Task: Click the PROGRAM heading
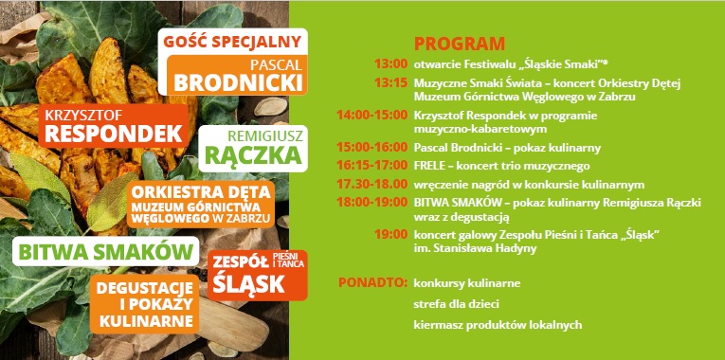460,45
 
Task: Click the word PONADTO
372,282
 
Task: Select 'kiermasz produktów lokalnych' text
498,325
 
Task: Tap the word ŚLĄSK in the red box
245,282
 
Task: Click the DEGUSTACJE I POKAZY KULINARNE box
145,304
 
